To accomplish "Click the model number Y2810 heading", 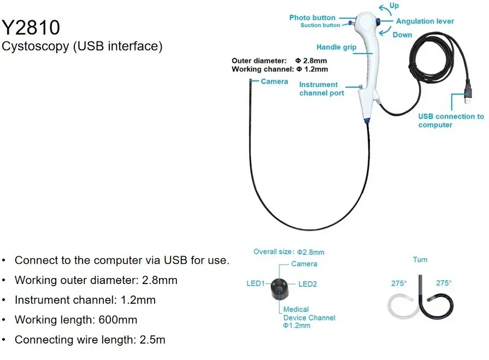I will click(31, 27).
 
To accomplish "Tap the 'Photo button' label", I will click(312, 18).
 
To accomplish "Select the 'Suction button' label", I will click(320, 26).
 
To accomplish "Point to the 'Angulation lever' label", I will click(425, 21).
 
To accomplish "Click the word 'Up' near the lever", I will click(394, 5).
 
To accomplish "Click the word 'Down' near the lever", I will click(402, 35).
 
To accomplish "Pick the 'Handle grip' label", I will click(336, 48).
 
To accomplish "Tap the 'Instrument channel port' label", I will click(321, 88).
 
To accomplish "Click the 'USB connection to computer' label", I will click(451, 120).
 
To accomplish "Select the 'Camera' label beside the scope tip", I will click(274, 81).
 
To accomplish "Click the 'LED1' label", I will click(256, 284).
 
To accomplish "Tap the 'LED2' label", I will click(308, 284).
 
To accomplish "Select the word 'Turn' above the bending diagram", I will click(420, 259).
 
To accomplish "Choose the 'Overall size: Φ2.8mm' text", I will click(288, 252).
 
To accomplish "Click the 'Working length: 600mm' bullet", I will click(76, 320).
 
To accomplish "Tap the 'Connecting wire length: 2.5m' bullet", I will click(90, 340).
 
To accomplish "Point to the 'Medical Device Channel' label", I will click(309, 317).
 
